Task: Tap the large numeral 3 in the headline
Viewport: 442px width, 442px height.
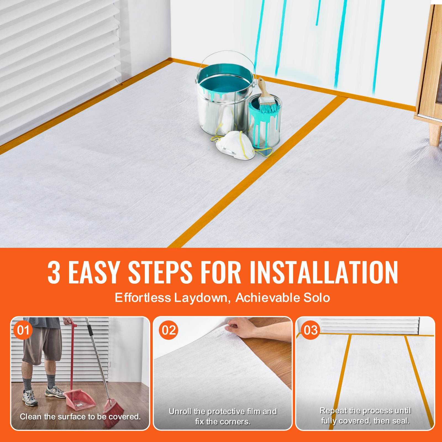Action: [x=54, y=273]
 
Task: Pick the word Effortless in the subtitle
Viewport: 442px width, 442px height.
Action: [x=143, y=298]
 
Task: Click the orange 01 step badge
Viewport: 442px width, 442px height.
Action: [x=23, y=330]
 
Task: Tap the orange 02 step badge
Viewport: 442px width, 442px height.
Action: [x=169, y=330]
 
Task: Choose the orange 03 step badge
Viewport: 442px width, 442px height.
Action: [x=311, y=330]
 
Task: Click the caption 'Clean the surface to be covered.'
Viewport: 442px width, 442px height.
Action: [x=80, y=417]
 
